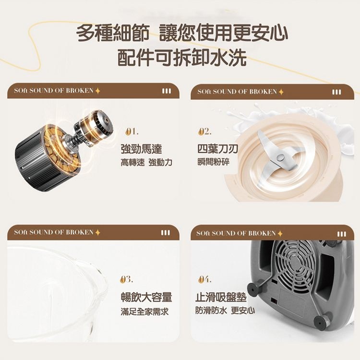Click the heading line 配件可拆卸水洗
click(x=182, y=58)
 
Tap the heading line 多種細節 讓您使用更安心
click(x=182, y=33)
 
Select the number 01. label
click(x=132, y=132)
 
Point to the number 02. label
click(x=205, y=132)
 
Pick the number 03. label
click(x=127, y=279)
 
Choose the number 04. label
click(x=205, y=279)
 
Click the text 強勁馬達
click(x=141, y=149)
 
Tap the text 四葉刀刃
click(x=217, y=149)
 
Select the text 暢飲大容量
click(x=146, y=297)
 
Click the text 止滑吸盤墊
click(x=221, y=297)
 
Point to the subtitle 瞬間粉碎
click(x=213, y=162)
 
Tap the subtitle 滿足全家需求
click(x=144, y=312)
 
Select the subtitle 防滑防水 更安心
click(x=225, y=311)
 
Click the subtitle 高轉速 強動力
click(x=146, y=163)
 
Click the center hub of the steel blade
click(x=280, y=157)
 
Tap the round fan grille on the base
click(x=295, y=264)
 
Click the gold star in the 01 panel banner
click(x=97, y=91)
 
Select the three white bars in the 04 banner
click(x=341, y=234)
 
